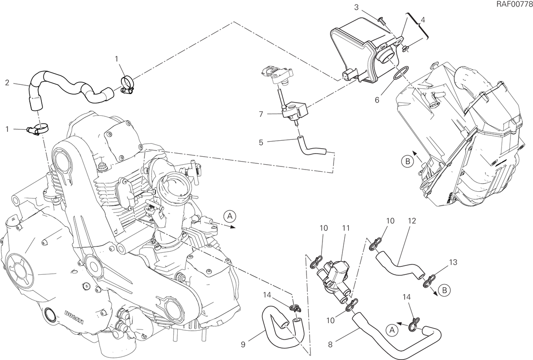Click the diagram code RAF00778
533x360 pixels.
pos(514,4)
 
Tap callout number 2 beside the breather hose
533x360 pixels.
pos(7,83)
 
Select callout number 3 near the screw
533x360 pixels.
pos(356,8)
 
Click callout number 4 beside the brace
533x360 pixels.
pos(422,20)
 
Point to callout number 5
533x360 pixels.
pos(261,142)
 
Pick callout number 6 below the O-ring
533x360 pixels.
pos(377,100)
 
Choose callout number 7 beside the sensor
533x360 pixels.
pos(261,115)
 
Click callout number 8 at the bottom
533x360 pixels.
pos(330,344)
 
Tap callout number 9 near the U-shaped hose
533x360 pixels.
pos(243,344)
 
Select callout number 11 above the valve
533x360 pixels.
pos(346,228)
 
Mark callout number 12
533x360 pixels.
pos(412,221)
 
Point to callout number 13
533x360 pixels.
pos(453,262)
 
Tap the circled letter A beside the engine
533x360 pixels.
pos(230,216)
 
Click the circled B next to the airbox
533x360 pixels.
pos(408,162)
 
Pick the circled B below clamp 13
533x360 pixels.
pos(445,290)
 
